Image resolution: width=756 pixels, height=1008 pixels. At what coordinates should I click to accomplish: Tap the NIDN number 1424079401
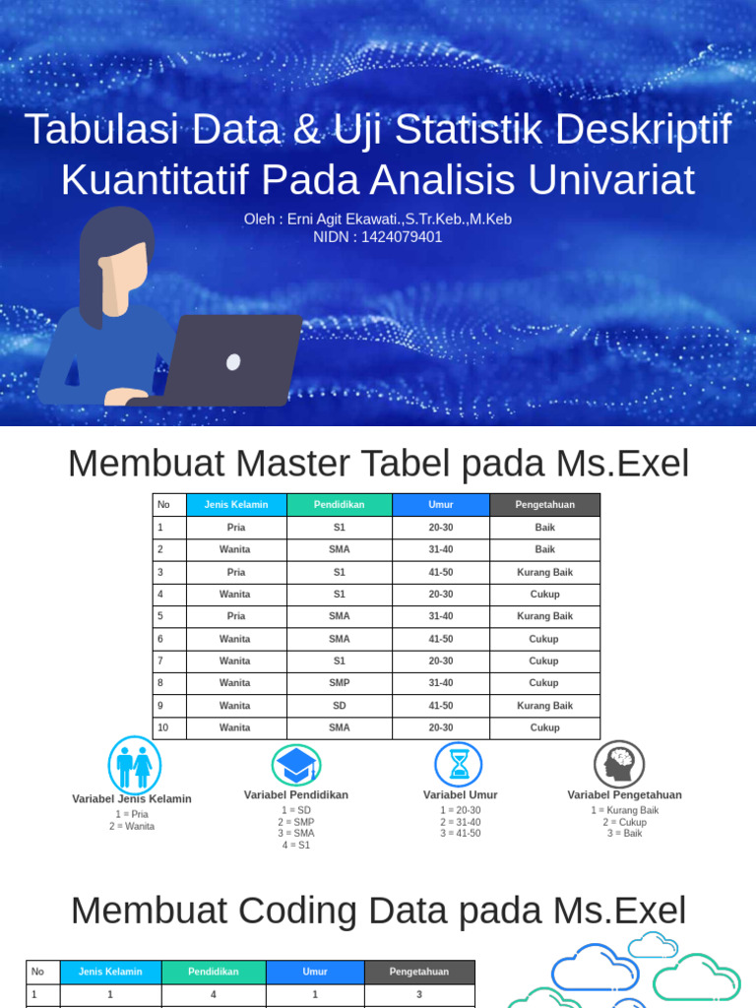click(x=402, y=237)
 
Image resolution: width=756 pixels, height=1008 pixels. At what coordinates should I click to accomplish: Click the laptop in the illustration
click(x=231, y=360)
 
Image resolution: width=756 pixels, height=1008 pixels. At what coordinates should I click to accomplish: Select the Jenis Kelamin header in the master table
click(x=236, y=505)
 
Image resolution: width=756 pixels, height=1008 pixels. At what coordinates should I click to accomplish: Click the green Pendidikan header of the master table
click(x=340, y=505)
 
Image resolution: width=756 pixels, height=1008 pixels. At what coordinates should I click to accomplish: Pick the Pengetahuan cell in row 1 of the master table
click(x=544, y=528)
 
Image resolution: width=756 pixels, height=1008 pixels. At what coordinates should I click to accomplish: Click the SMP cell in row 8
click(x=340, y=683)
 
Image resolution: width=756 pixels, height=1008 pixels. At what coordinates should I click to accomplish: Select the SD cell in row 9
click(x=340, y=706)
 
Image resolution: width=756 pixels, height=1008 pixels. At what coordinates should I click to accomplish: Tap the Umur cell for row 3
click(x=441, y=572)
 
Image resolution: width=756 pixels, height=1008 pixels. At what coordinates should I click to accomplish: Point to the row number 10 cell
click(x=169, y=728)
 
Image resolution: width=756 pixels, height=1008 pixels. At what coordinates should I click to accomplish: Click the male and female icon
click(x=134, y=765)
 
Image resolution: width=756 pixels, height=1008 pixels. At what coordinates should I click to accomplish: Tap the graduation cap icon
click(x=296, y=765)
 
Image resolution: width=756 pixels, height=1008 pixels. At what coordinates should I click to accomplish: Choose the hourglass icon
click(x=459, y=765)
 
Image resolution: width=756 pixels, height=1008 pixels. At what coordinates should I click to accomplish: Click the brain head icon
click(x=619, y=765)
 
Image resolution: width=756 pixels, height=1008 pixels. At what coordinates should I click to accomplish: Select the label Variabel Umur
click(x=461, y=795)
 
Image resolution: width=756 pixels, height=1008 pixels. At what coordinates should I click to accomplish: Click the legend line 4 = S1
click(x=296, y=846)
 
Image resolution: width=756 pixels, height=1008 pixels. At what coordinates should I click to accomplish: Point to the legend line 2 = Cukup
click(x=624, y=822)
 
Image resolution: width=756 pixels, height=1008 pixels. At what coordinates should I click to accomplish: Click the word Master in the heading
click(x=288, y=464)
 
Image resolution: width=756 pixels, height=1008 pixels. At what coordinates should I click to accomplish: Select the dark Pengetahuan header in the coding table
click(x=419, y=972)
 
